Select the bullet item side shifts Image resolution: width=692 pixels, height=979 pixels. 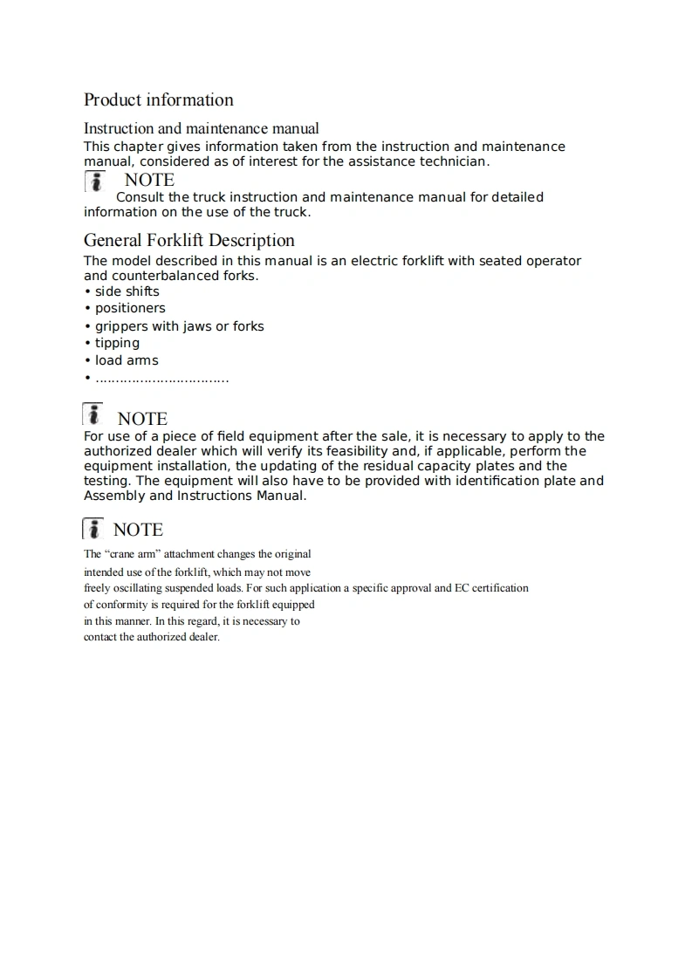[x=127, y=291]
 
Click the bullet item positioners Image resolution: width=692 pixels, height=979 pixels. [x=130, y=308]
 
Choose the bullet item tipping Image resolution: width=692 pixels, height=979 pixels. [x=117, y=343]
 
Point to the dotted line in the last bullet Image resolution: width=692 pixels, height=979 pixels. [x=161, y=380]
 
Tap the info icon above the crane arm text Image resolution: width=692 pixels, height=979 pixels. [x=93, y=529]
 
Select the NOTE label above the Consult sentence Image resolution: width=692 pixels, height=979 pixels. [x=149, y=181]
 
